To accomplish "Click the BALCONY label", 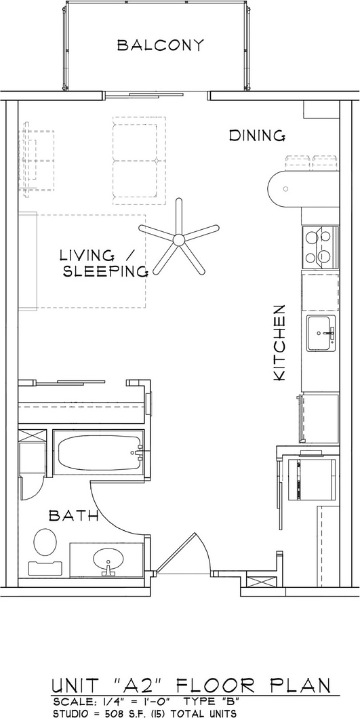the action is pos(160,45).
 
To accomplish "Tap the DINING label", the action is pos(258,136).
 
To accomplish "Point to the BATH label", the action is pos(74,516).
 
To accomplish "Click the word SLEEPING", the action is pos(105,272).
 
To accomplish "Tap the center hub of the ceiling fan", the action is pos(179,239).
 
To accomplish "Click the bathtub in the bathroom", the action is pos(99,452).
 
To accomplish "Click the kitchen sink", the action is pos(321,333).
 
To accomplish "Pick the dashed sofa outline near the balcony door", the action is pos(139,160).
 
